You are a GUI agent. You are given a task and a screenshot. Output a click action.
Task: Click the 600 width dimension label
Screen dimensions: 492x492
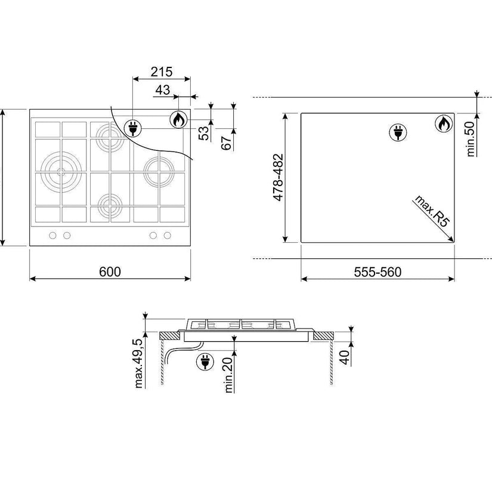click(x=110, y=272)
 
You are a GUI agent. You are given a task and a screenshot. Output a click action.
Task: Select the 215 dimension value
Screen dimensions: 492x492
click(x=162, y=72)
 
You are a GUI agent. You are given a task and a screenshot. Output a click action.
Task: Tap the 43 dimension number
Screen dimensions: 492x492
click(x=163, y=90)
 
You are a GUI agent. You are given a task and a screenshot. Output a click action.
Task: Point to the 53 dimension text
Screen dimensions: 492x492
click(x=205, y=133)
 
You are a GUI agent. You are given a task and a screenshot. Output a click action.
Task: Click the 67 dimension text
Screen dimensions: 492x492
click(x=227, y=143)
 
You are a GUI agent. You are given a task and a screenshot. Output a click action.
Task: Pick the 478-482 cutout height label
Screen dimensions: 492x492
click(x=279, y=177)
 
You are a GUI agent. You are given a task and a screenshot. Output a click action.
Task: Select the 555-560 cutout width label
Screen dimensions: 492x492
click(x=377, y=272)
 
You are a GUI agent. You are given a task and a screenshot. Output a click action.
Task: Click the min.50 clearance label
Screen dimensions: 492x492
click(x=471, y=139)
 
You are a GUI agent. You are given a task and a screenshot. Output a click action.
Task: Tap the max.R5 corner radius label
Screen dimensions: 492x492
click(x=432, y=211)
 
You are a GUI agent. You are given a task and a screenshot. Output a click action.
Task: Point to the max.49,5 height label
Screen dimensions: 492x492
click(x=139, y=363)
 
